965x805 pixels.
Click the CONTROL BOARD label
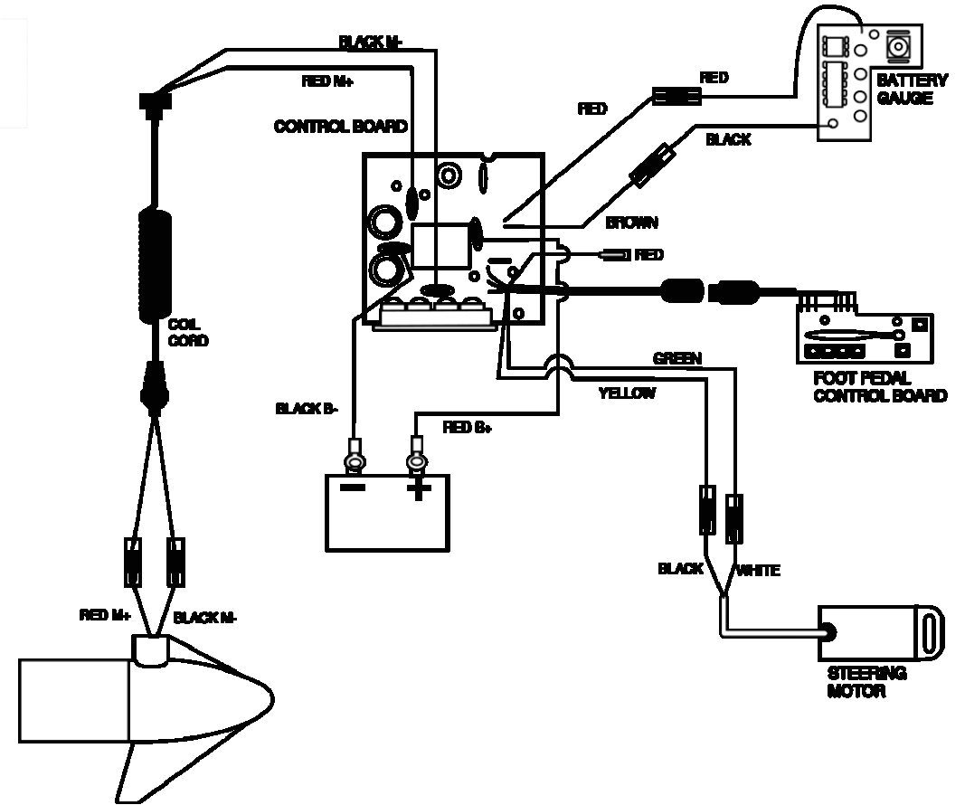(x=340, y=127)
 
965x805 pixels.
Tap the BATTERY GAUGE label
(x=912, y=89)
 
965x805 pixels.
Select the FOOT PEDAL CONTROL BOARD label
(x=879, y=387)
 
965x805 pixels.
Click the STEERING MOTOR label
(x=866, y=683)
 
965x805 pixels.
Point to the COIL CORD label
(x=187, y=333)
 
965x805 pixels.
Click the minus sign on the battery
(x=353, y=489)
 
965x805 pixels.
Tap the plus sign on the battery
(x=418, y=490)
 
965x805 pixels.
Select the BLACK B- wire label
(x=307, y=409)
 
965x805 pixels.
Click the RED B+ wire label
(x=467, y=427)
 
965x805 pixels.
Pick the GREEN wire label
(x=676, y=359)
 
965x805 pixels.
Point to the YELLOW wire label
(x=626, y=393)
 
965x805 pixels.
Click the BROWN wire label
(x=631, y=223)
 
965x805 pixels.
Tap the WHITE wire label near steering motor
(x=758, y=570)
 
